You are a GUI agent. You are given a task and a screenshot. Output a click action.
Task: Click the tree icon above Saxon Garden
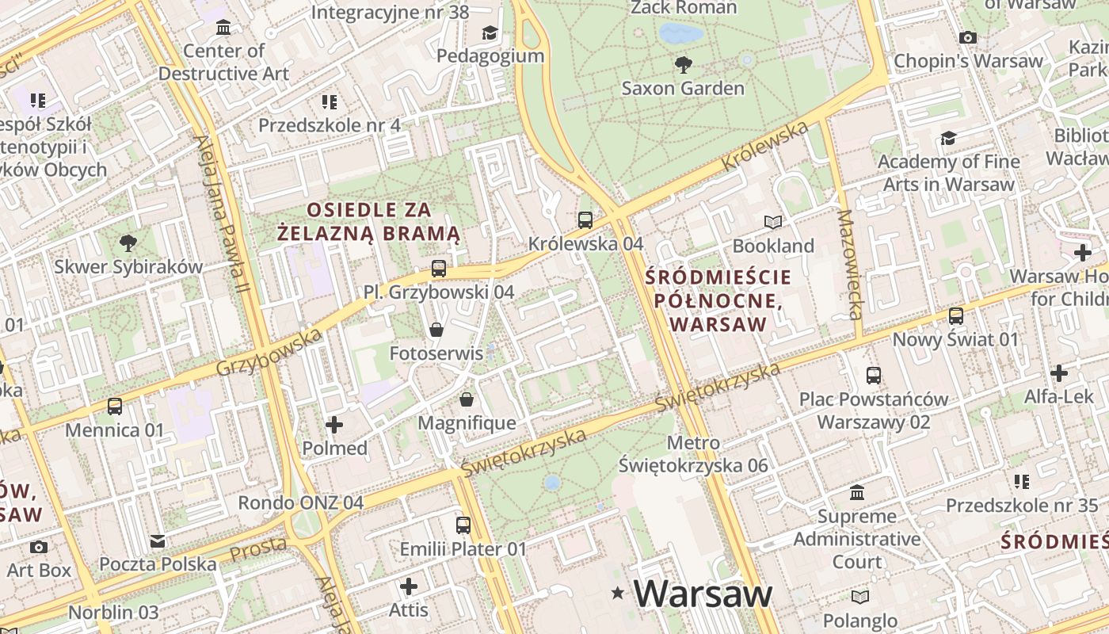pos(682,64)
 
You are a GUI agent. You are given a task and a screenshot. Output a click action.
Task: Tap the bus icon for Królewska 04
pos(585,220)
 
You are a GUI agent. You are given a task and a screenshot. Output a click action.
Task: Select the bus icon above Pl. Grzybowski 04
pos(439,269)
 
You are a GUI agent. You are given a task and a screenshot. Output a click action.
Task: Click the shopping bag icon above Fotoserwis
pos(436,330)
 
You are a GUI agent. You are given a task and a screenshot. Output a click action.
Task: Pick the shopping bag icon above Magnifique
pos(467,399)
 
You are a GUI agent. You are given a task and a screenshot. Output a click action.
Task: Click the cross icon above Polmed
pos(334,425)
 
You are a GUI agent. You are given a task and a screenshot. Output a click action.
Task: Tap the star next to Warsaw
pos(618,593)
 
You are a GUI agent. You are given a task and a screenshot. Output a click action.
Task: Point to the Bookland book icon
pos(772,223)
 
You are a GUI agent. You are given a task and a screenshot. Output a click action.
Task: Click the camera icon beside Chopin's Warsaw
pos(967,37)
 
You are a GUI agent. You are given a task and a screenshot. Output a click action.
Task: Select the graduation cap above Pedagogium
pos(490,32)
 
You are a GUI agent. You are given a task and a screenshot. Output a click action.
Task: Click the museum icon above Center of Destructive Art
pos(223,28)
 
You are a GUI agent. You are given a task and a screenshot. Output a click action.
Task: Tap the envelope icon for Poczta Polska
pos(158,541)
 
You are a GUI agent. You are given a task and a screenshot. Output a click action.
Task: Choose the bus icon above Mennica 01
pos(115,407)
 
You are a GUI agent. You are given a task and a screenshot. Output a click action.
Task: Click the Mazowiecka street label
pos(848,265)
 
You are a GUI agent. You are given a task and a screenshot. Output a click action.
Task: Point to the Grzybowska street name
pos(269,353)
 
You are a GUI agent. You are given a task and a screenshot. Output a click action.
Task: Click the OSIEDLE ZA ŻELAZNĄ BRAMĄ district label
pos(369,221)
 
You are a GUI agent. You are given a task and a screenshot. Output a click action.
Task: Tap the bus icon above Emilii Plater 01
pos(463,525)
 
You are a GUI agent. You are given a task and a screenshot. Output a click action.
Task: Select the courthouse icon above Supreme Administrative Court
pos(857,493)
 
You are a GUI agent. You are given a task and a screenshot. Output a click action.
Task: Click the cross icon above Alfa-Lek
pos(1058,373)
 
